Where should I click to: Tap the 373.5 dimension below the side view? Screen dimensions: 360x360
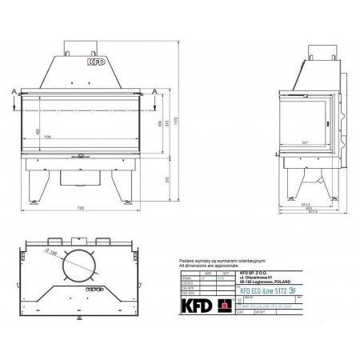click(303, 203)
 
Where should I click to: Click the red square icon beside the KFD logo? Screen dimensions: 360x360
click(225, 305)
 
